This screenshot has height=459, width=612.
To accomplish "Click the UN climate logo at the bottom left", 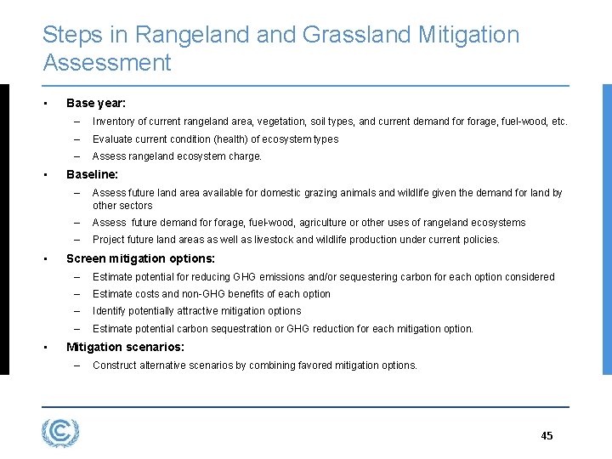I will (x=60, y=433).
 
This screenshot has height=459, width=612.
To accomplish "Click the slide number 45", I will (x=547, y=436).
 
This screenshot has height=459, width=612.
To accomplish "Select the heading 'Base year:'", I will (x=96, y=103).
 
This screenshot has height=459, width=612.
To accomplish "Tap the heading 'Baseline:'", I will (x=92, y=174).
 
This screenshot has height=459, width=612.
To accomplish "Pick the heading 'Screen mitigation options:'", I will (x=140, y=258).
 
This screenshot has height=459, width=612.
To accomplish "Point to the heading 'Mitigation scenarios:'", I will (x=125, y=347).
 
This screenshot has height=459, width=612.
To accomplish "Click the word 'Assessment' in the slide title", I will (x=106, y=63).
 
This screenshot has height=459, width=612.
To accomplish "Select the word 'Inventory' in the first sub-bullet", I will (x=113, y=122).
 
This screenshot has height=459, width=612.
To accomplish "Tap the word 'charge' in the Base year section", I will (x=245, y=156).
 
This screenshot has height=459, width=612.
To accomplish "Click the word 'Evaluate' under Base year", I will (x=112, y=139).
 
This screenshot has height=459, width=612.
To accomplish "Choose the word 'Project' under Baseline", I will (x=109, y=240).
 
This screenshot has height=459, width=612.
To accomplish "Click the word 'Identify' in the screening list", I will (x=110, y=311).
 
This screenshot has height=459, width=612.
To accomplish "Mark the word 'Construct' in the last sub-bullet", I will (x=116, y=365).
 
